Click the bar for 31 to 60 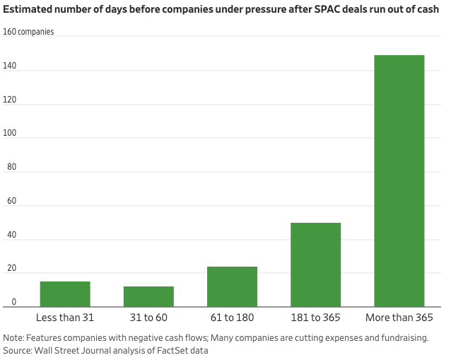point(148,296)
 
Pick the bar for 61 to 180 point(232,286)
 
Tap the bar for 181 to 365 point(315,265)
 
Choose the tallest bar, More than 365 point(399,180)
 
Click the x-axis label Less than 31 point(65,318)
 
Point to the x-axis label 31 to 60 point(148,318)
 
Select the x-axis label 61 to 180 point(232,318)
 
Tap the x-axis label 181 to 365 point(315,318)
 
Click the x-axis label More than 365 point(399,318)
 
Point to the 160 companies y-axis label point(28,32)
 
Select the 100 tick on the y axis point(11,134)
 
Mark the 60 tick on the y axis point(9,202)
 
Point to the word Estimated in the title point(29,10)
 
